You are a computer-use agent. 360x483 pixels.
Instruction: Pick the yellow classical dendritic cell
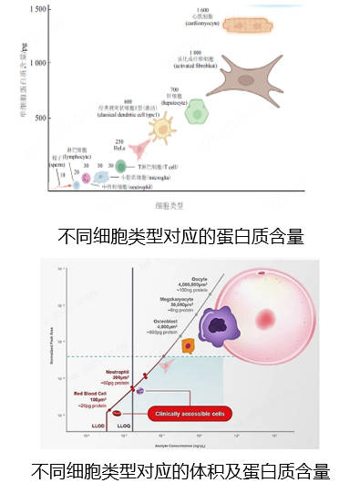coord(163,128)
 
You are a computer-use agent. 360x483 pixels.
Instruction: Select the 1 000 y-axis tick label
coord(37,63)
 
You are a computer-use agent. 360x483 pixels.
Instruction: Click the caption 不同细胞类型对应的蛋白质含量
coord(180,234)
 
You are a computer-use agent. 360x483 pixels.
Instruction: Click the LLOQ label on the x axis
coord(126,425)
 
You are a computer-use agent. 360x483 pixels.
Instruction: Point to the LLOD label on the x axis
coord(99,425)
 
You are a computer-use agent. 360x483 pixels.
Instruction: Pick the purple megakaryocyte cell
coord(217,325)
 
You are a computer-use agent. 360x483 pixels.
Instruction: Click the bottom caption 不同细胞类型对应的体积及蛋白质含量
coord(180,472)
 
